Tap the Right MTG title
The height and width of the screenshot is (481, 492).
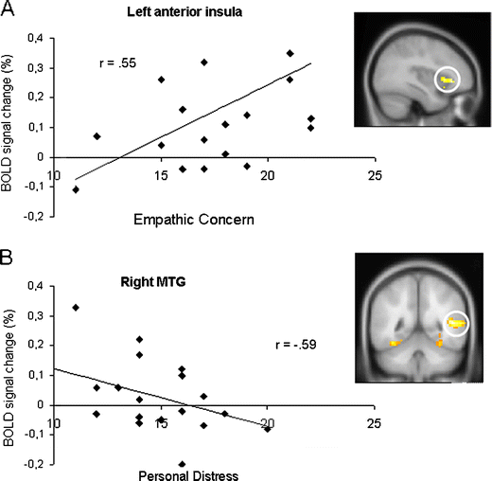tap(152, 280)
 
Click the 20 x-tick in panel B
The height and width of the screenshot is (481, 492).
tap(268, 422)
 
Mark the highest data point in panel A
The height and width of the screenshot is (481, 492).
tap(290, 53)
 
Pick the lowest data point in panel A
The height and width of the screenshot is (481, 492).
tap(76, 189)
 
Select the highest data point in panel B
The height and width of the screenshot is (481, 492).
tap(76, 307)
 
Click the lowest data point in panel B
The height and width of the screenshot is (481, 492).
tap(183, 464)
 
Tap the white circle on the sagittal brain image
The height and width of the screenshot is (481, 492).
tap(448, 81)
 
